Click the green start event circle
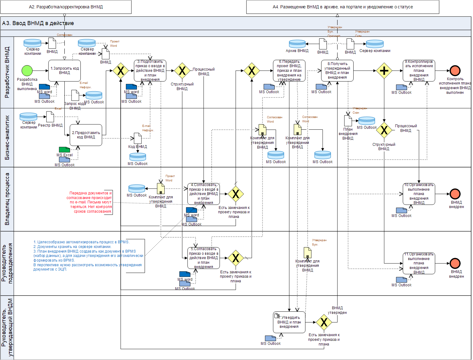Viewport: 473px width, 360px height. tap(27, 71)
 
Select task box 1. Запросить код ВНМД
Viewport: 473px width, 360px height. tap(64, 71)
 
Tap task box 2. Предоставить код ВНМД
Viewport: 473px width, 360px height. tap(86, 135)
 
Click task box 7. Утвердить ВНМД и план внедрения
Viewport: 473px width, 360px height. tap(289, 322)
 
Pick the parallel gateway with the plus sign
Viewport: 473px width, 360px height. tap(384, 71)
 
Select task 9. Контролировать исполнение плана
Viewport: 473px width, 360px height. tap(419, 71)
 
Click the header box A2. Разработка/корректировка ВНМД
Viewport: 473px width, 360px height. tap(66, 7)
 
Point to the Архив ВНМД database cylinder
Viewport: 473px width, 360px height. tap(297, 44)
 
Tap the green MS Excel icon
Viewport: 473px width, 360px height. tap(64, 150)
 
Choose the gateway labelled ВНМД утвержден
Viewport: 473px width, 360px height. tap(324, 322)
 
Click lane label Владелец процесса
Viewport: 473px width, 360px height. tap(7, 199)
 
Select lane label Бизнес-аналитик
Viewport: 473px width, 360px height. tap(7, 137)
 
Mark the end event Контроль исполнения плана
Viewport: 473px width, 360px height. tap(455, 71)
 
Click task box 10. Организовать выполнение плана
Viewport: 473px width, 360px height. tap(419, 194)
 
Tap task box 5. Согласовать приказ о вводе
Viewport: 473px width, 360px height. tap(204, 258)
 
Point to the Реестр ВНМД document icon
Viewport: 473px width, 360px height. tap(50, 117)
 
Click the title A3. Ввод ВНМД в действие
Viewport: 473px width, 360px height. tap(38, 23)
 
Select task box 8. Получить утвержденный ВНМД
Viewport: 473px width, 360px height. tap(337, 71)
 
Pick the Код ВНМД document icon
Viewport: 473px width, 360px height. tap(138, 138)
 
